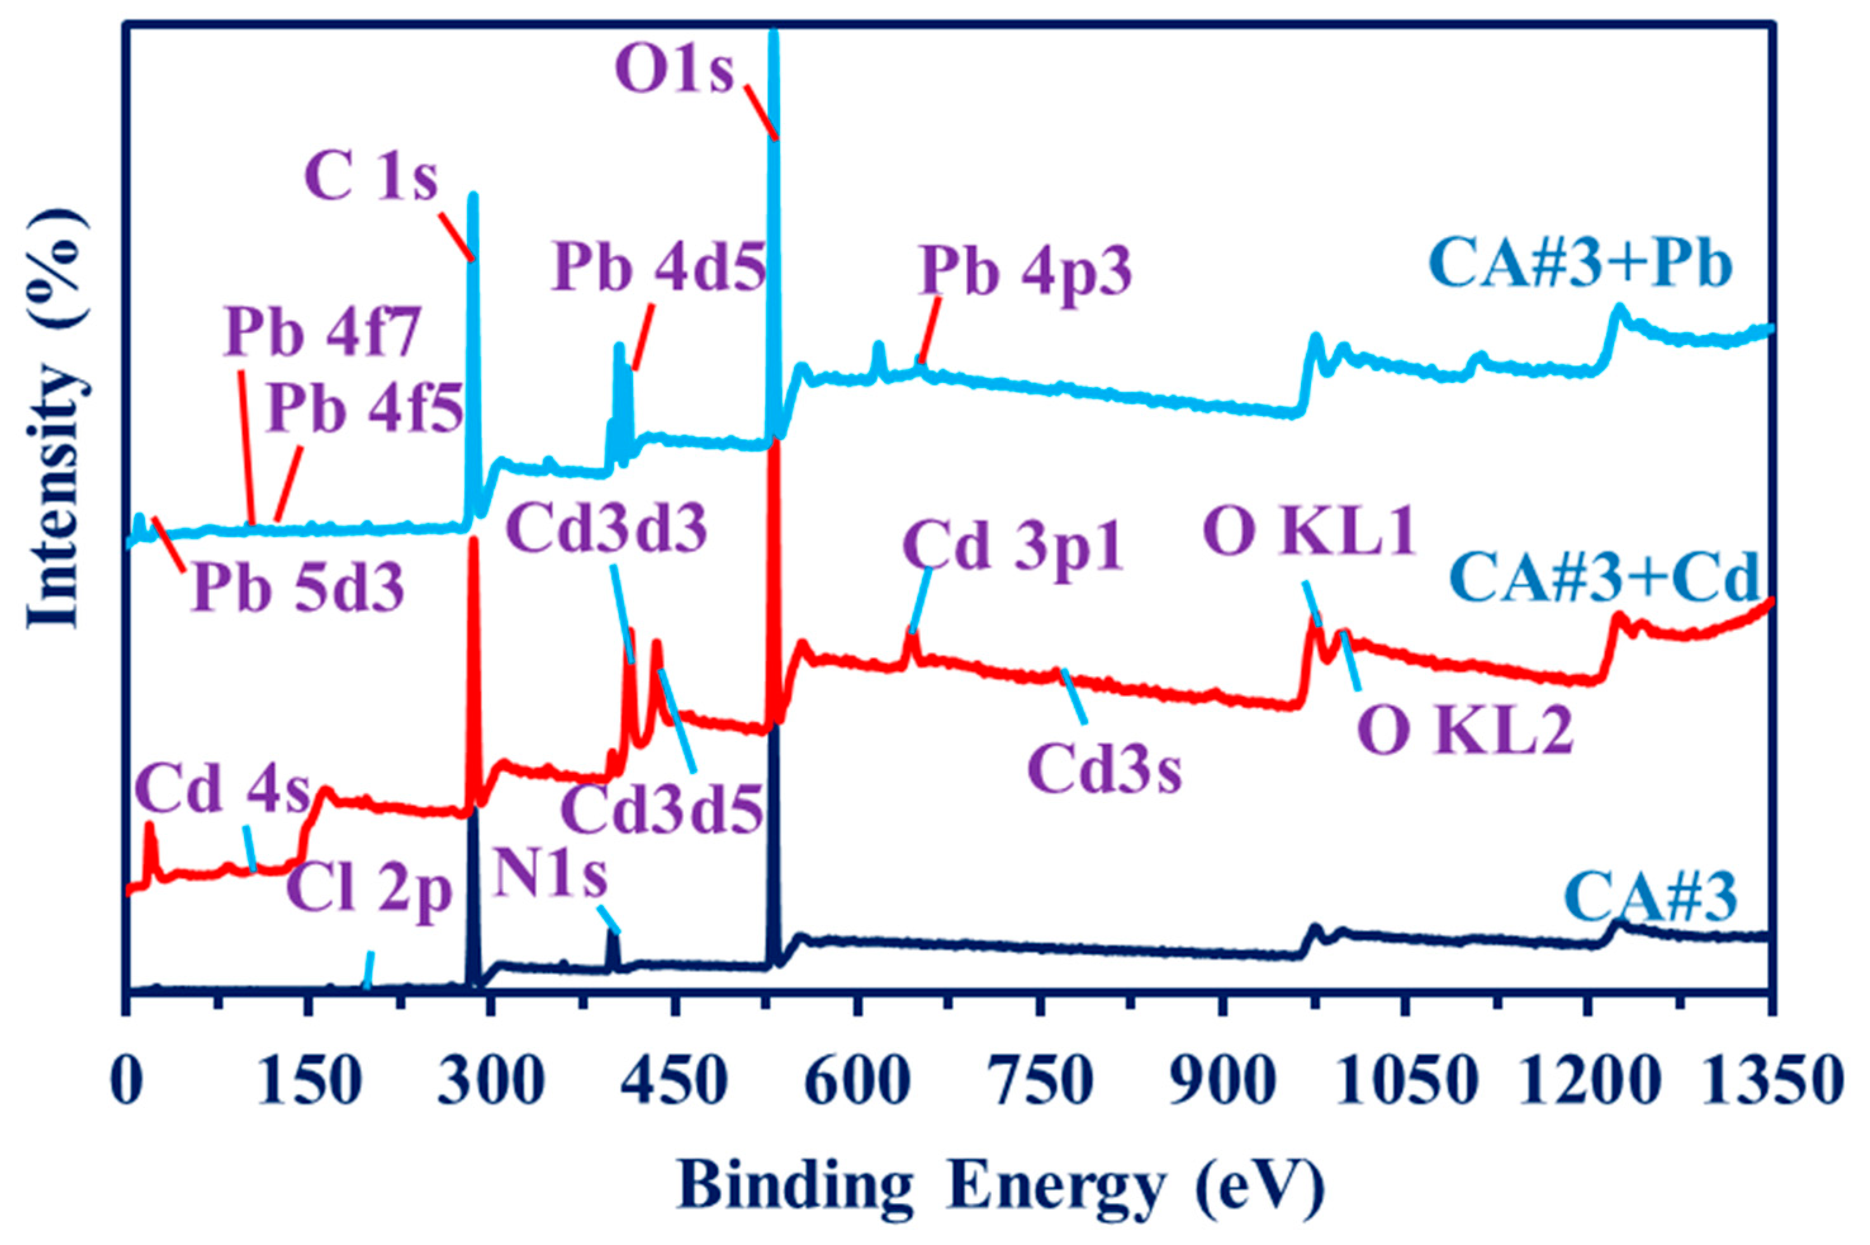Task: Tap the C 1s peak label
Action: (371, 179)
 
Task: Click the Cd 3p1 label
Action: (1013, 548)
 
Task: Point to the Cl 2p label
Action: (370, 893)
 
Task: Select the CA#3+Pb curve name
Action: (1584, 265)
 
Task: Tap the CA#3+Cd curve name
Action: (1606, 578)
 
